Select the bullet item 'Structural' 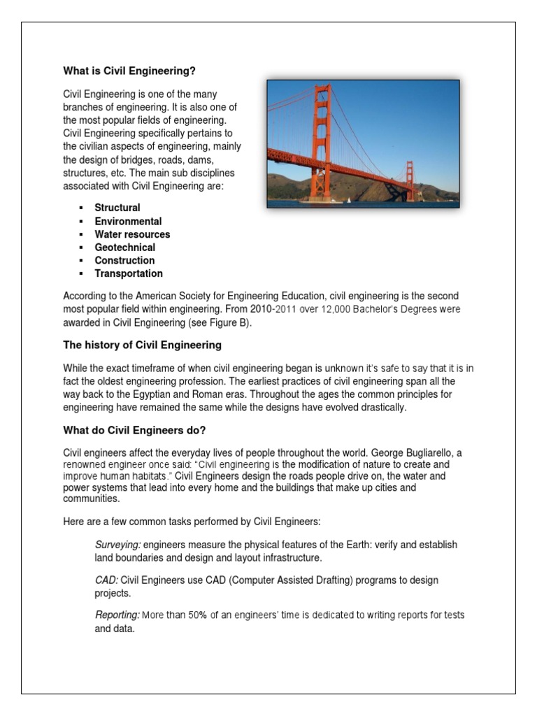point(117,208)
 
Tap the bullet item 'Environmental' point(128,221)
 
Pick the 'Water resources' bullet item point(132,234)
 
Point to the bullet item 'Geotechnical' point(125,248)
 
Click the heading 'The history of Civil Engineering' point(142,345)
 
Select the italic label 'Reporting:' point(117,615)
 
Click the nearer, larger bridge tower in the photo point(321,143)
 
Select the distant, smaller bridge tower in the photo point(410,181)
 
